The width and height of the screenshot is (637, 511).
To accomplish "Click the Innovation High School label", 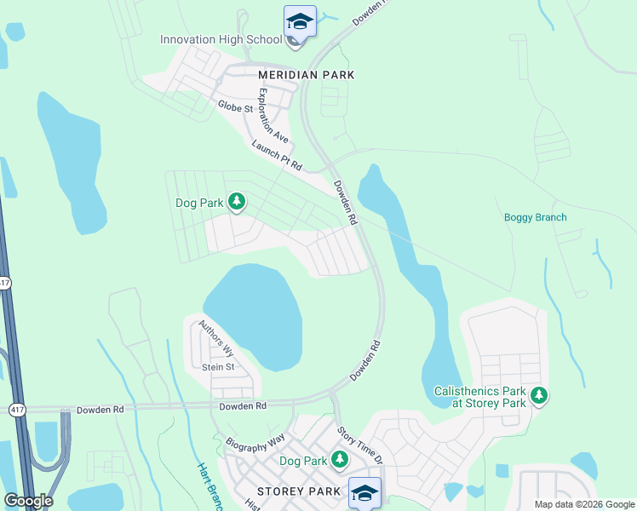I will pyautogui.click(x=221, y=40).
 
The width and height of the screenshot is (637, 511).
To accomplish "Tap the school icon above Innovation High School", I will pyautogui.click(x=300, y=20).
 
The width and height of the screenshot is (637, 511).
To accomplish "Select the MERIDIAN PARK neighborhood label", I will pyautogui.click(x=306, y=75).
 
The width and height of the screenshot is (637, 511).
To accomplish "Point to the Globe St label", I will pyautogui.click(x=235, y=107).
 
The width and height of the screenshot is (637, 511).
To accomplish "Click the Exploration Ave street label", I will pyautogui.click(x=273, y=115).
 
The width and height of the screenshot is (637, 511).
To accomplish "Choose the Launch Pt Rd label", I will pyautogui.click(x=277, y=157).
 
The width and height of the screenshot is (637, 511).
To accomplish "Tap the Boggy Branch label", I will pyautogui.click(x=535, y=217).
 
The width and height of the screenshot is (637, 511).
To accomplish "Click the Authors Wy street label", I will pyautogui.click(x=215, y=337).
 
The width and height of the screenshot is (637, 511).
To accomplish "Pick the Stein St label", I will pyautogui.click(x=218, y=367).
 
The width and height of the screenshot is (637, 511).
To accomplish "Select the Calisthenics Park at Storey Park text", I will pyautogui.click(x=476, y=396).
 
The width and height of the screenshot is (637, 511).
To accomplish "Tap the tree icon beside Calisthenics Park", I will pyautogui.click(x=538, y=395).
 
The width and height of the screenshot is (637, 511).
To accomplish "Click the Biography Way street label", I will pyautogui.click(x=255, y=443).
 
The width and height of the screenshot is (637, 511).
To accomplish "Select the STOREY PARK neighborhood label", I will pyautogui.click(x=298, y=491).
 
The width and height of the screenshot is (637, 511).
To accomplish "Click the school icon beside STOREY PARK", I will pyautogui.click(x=364, y=492).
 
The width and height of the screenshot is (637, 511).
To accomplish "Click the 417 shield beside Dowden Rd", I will pyautogui.click(x=16, y=410).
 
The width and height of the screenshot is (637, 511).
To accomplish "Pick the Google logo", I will pyautogui.click(x=28, y=501).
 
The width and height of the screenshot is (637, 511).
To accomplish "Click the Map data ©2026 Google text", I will pyautogui.click(x=583, y=504).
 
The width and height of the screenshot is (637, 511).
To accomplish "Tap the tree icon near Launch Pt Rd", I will pyautogui.click(x=236, y=203).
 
